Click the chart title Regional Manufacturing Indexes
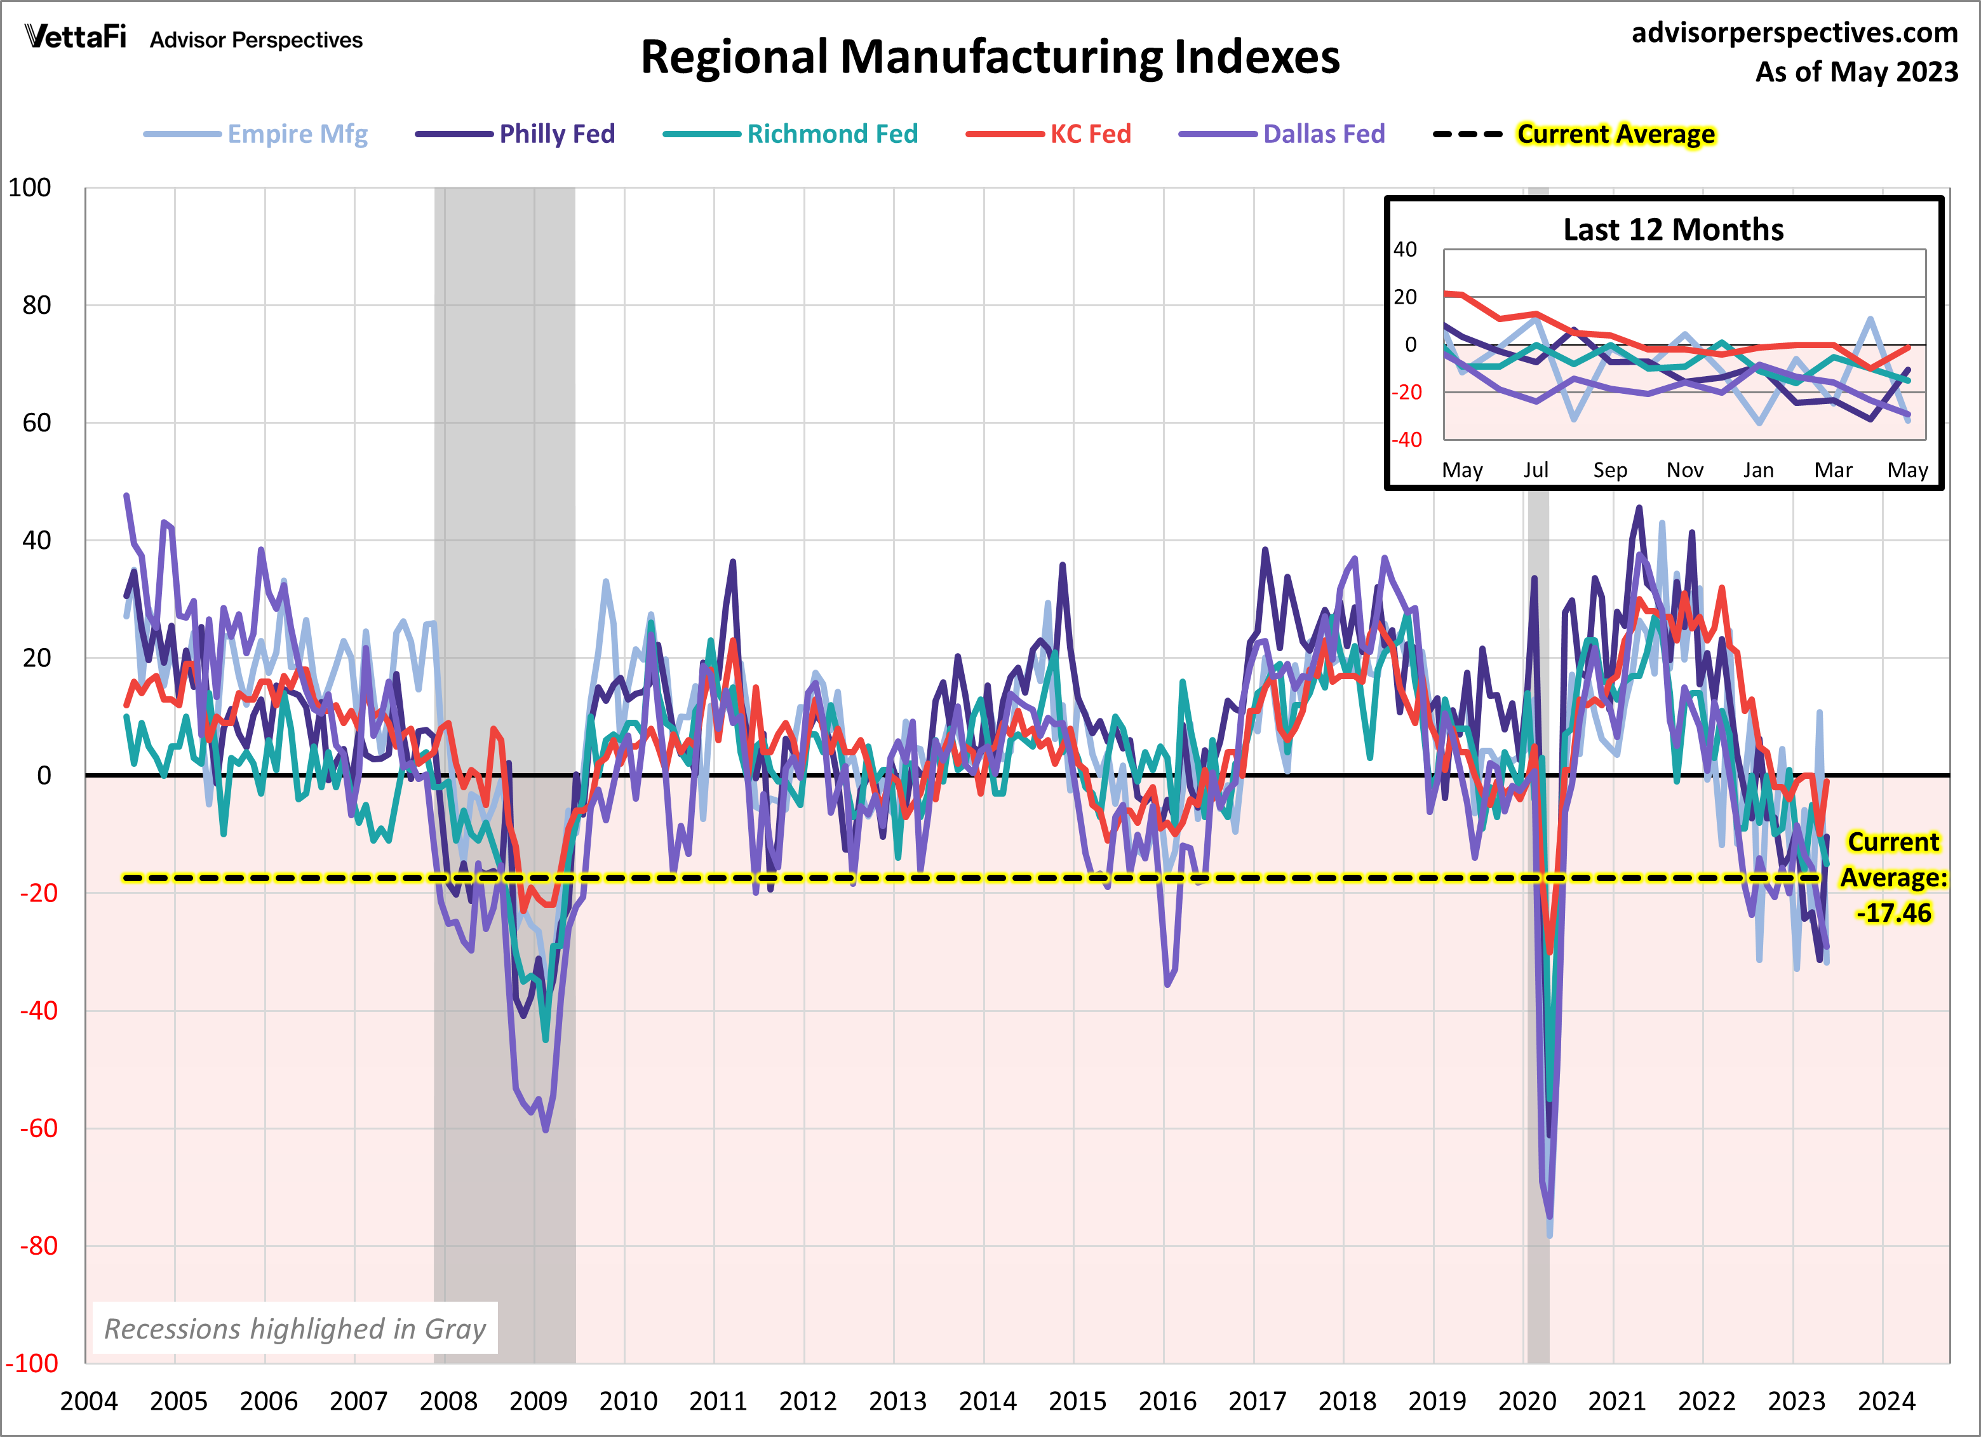[990, 58]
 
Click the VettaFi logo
[76, 37]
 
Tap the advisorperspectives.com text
[1794, 32]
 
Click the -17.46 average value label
[1893, 913]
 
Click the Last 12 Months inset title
[1673, 230]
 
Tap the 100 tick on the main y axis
[30, 188]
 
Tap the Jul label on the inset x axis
[1536, 470]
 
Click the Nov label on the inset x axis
[1684, 470]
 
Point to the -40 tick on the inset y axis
[1406, 440]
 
